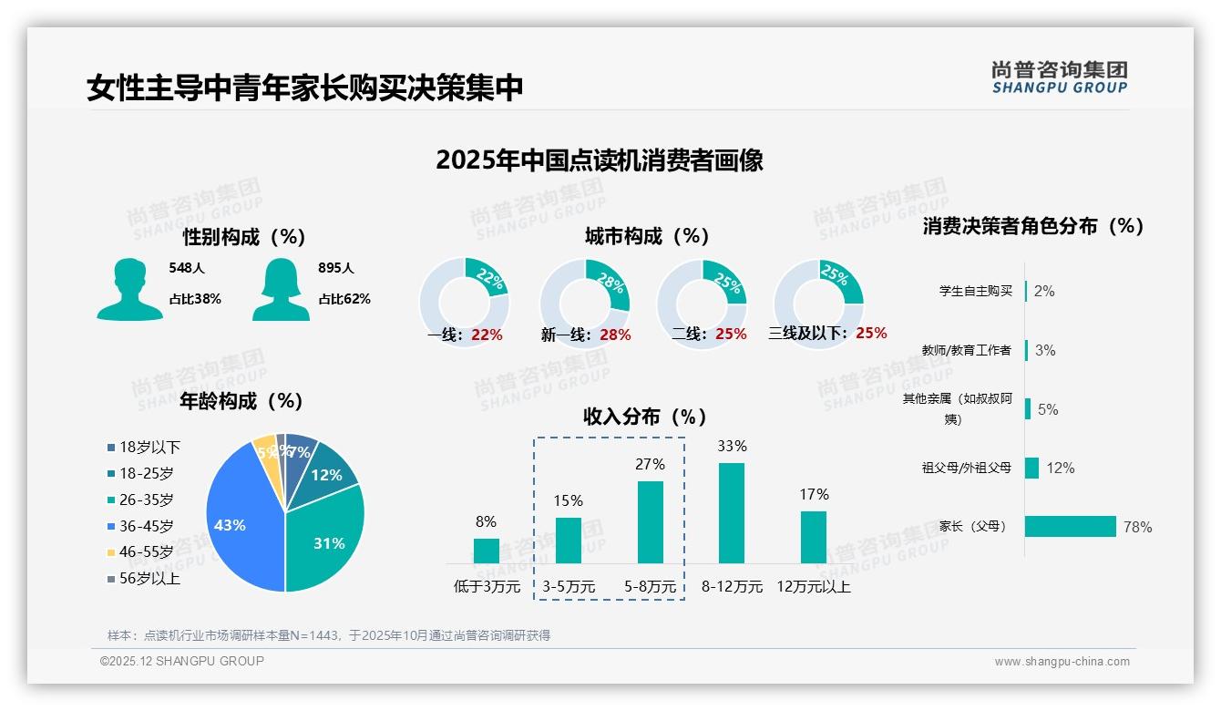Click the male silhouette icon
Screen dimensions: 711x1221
tap(129, 289)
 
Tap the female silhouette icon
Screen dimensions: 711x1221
tap(281, 289)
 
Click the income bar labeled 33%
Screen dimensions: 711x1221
tap(732, 513)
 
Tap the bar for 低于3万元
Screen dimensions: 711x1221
tap(487, 551)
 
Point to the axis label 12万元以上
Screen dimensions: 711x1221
tap(814, 587)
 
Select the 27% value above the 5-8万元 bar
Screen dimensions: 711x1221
tap(650, 465)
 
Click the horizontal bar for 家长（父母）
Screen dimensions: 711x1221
tap(1071, 526)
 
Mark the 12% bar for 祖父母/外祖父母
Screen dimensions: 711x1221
tap(1032, 468)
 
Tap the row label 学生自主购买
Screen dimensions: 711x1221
tap(976, 291)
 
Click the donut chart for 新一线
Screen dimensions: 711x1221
tap(585, 304)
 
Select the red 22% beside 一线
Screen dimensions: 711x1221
tap(487, 335)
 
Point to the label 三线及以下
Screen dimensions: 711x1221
tap(808, 334)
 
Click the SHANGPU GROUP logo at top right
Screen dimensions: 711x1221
tap(1060, 77)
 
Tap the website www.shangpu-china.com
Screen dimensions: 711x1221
tap(1062, 662)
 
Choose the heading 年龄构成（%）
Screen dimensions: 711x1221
tap(241, 401)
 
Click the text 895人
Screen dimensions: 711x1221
tap(336, 268)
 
